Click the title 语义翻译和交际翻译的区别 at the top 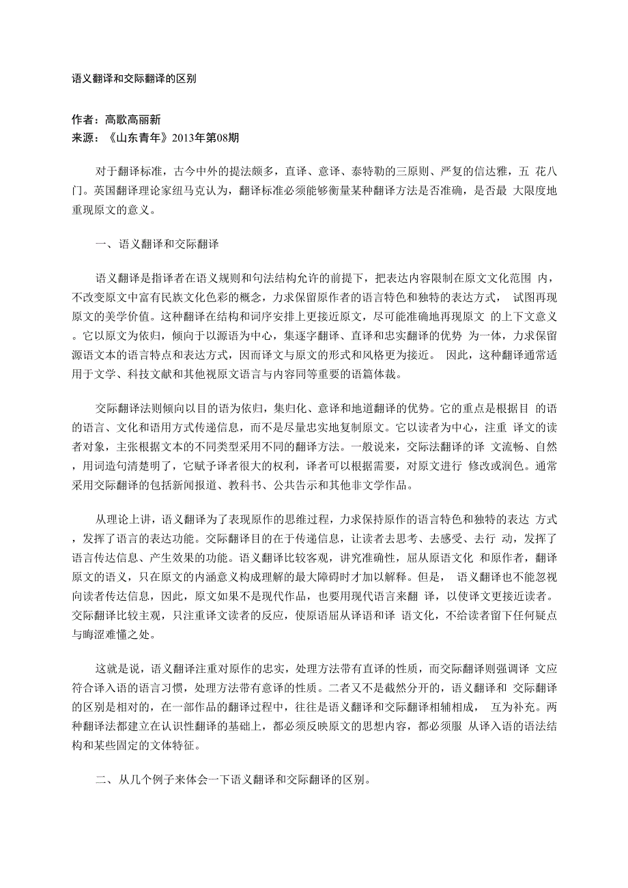(x=134, y=78)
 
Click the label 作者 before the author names (x=83, y=119)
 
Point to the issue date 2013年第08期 (x=206, y=137)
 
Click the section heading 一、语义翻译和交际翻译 (x=157, y=242)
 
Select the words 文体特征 (x=175, y=743)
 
